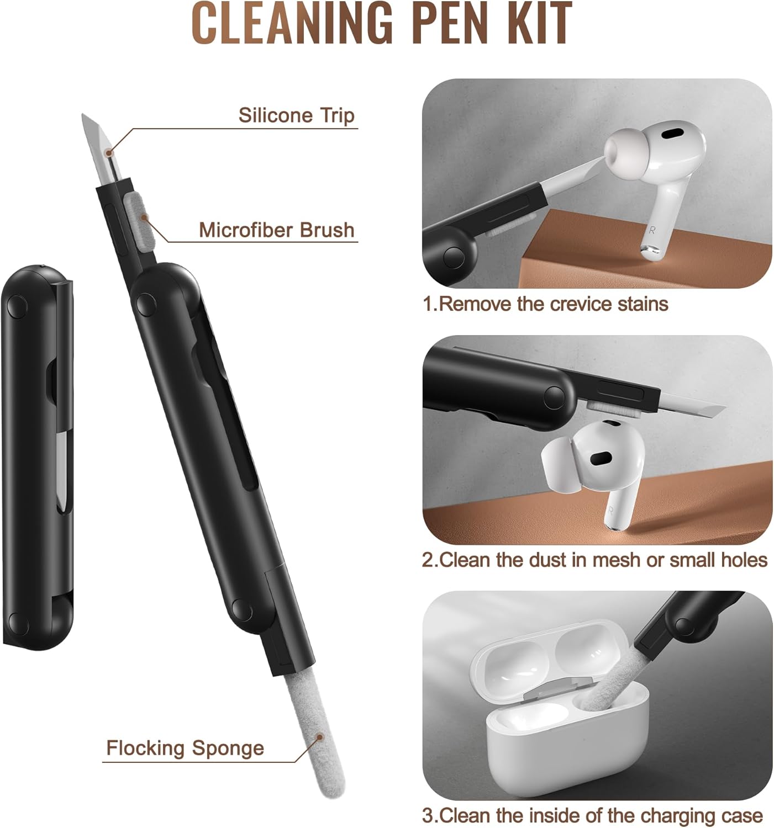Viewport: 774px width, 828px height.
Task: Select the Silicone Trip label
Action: (297, 115)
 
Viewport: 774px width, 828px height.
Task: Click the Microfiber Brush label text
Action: (276, 230)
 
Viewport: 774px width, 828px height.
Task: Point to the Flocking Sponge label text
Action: (185, 749)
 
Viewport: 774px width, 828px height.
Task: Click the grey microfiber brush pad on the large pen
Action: (138, 221)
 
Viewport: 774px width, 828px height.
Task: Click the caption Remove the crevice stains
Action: (545, 304)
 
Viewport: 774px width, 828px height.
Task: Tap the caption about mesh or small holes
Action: (594, 560)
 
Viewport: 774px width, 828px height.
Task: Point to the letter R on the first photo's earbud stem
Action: (652, 230)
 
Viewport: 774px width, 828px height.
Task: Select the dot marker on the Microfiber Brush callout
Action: (144, 216)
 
